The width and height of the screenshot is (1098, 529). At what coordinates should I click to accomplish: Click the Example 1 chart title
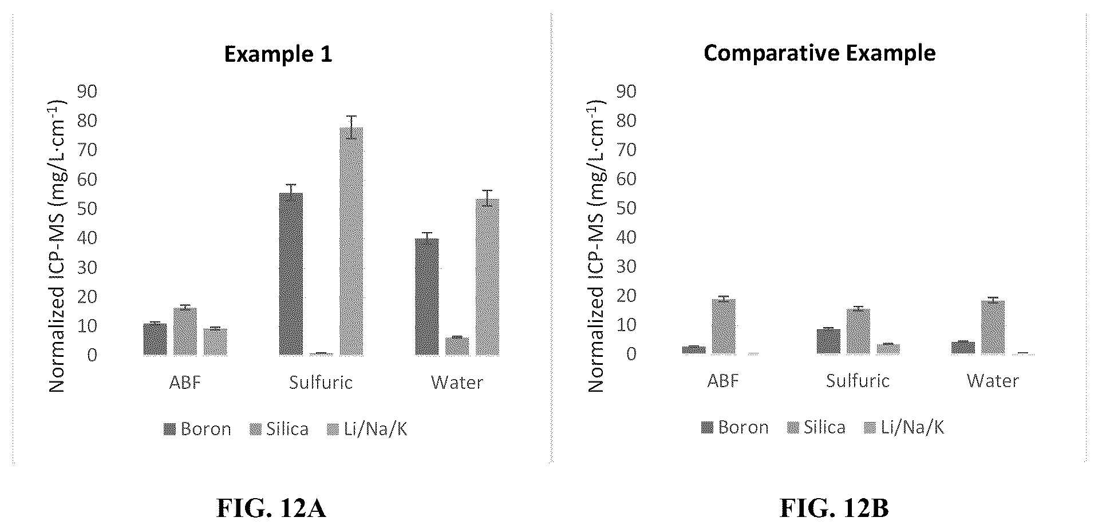(278, 54)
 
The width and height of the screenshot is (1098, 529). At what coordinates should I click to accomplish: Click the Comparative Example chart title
(819, 53)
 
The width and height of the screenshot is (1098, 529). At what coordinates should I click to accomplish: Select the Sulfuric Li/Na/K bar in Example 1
(351, 241)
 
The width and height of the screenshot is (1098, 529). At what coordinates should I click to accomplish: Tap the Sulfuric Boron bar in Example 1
(291, 274)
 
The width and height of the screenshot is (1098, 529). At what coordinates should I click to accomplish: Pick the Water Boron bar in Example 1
(426, 297)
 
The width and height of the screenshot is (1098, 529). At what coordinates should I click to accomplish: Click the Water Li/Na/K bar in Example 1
(487, 277)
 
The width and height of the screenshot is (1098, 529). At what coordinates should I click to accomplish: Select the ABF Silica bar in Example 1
(185, 332)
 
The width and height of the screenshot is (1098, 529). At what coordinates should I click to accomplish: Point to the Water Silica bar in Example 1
(457, 347)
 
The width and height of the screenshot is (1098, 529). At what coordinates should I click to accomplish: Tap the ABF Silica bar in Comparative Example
(724, 327)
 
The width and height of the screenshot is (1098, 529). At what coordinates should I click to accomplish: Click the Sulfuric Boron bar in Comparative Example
(828, 341)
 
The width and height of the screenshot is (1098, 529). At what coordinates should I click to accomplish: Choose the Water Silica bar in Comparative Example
(993, 327)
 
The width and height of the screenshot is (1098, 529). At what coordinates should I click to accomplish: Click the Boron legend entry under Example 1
(198, 429)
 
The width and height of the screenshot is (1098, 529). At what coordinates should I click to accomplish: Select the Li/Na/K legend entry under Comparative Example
(905, 428)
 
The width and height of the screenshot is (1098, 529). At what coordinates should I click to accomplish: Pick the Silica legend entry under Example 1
(279, 429)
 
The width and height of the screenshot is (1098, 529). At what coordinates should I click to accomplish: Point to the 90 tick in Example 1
(87, 92)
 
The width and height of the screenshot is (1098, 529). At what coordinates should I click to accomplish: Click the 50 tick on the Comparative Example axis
(626, 208)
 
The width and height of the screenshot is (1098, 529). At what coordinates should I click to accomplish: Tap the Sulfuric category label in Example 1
(321, 382)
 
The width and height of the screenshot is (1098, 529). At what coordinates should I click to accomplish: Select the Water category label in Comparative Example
(993, 381)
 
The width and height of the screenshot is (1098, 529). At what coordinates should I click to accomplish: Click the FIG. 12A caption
(271, 508)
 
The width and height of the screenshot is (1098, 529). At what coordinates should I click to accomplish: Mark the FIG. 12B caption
(834, 508)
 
